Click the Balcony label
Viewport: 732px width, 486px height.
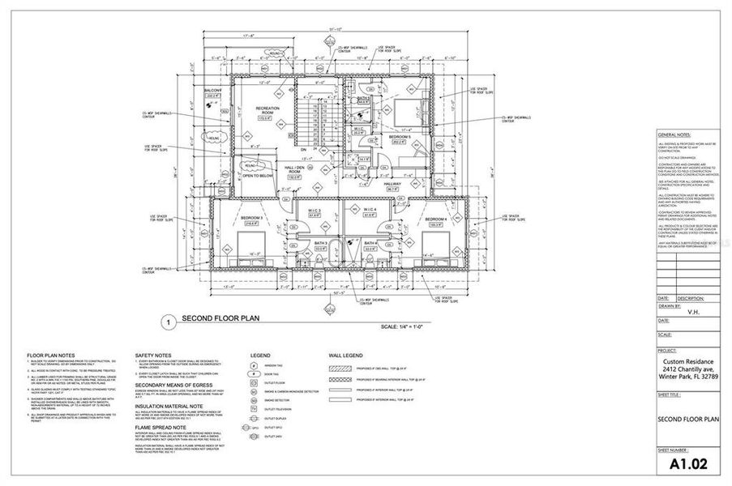212,90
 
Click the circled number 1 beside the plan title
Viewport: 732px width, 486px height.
168,322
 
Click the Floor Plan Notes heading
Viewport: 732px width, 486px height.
51,356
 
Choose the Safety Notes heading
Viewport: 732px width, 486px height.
152,356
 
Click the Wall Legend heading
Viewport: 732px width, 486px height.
346,356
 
